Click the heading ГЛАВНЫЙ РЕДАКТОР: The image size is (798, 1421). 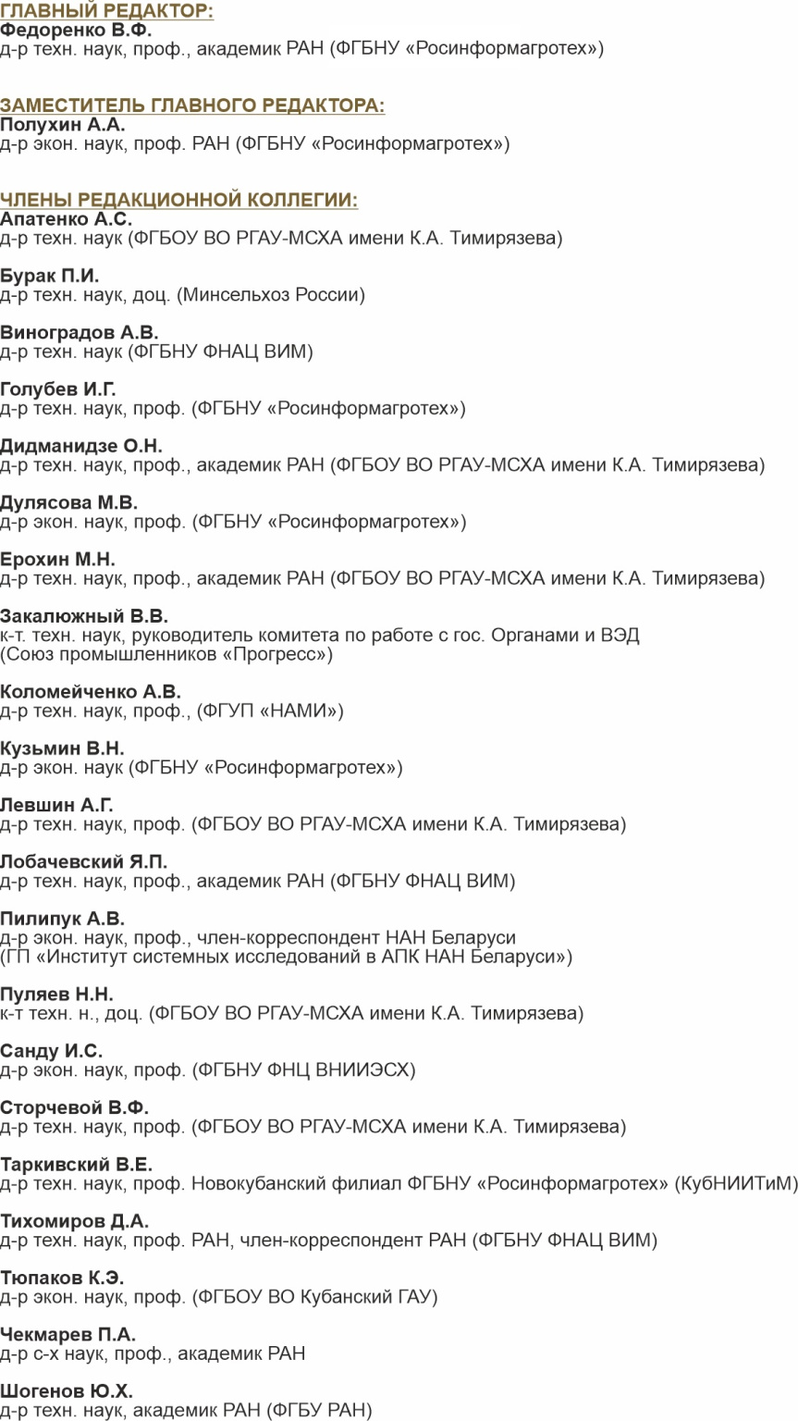pos(106,11)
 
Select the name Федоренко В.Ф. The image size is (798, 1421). pos(76,30)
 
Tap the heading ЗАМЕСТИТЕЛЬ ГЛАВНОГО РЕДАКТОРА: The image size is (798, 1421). pos(192,105)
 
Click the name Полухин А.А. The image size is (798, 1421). pos(63,124)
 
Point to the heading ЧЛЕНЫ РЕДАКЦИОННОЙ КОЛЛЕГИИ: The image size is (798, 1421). pos(178,200)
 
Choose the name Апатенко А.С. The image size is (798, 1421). pos(66,219)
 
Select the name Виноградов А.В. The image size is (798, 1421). pos(80,332)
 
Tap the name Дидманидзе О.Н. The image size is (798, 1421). pos(81,446)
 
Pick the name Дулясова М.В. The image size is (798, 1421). pos(68,502)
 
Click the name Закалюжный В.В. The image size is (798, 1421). pos(84,615)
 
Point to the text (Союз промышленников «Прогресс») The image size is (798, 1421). pos(166,654)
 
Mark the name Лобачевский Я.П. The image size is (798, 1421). pos(84,861)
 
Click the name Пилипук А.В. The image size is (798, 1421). pos(62,918)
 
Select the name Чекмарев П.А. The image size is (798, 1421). pos(68,1334)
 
